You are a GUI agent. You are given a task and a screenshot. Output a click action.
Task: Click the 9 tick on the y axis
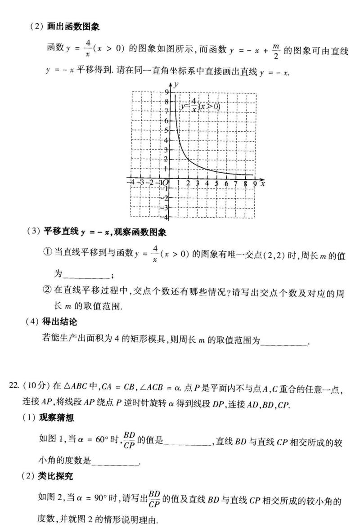pos(167,92)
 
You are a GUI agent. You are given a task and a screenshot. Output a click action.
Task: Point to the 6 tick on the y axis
pos(167,121)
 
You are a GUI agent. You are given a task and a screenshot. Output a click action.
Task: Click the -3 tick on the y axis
pos(166,207)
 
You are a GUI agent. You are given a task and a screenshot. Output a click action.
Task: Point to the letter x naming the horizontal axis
pos(262,183)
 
